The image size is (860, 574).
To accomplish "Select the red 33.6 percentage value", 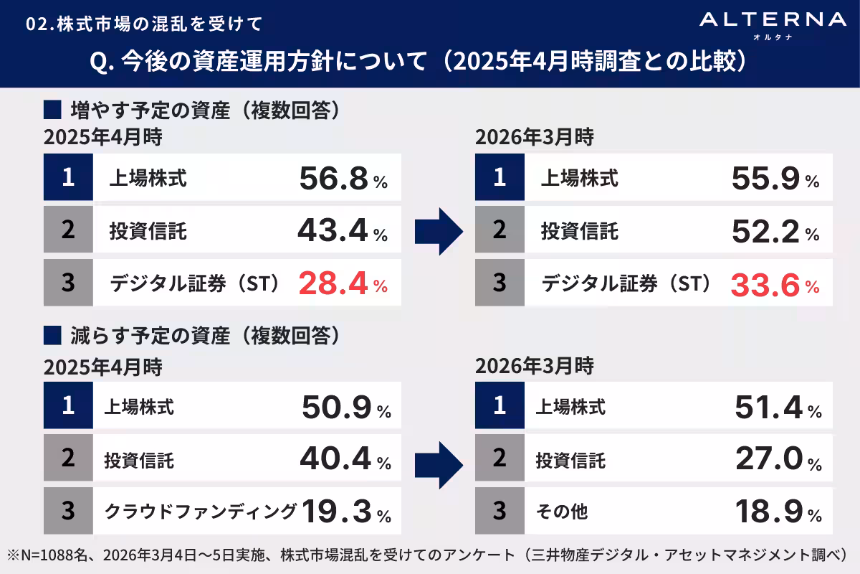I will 765,285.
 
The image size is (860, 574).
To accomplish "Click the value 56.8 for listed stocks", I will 334,179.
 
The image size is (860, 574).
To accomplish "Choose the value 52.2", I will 765,232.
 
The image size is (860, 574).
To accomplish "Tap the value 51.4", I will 768,408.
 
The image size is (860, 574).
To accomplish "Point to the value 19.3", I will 337,512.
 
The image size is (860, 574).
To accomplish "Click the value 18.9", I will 768,512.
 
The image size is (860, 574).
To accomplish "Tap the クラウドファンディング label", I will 201,512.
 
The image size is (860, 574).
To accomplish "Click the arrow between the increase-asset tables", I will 439,232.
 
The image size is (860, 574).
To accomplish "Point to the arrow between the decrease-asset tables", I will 439,459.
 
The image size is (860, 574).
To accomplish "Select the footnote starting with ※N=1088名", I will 427,555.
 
